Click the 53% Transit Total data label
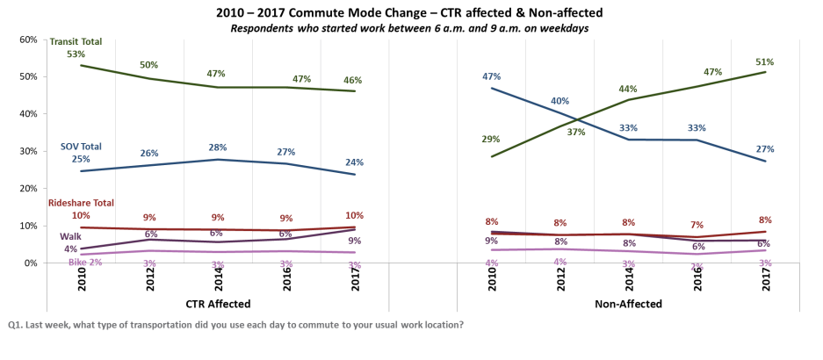[x=76, y=54]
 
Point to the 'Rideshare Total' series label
[x=80, y=203]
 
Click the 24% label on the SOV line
[x=353, y=162]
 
